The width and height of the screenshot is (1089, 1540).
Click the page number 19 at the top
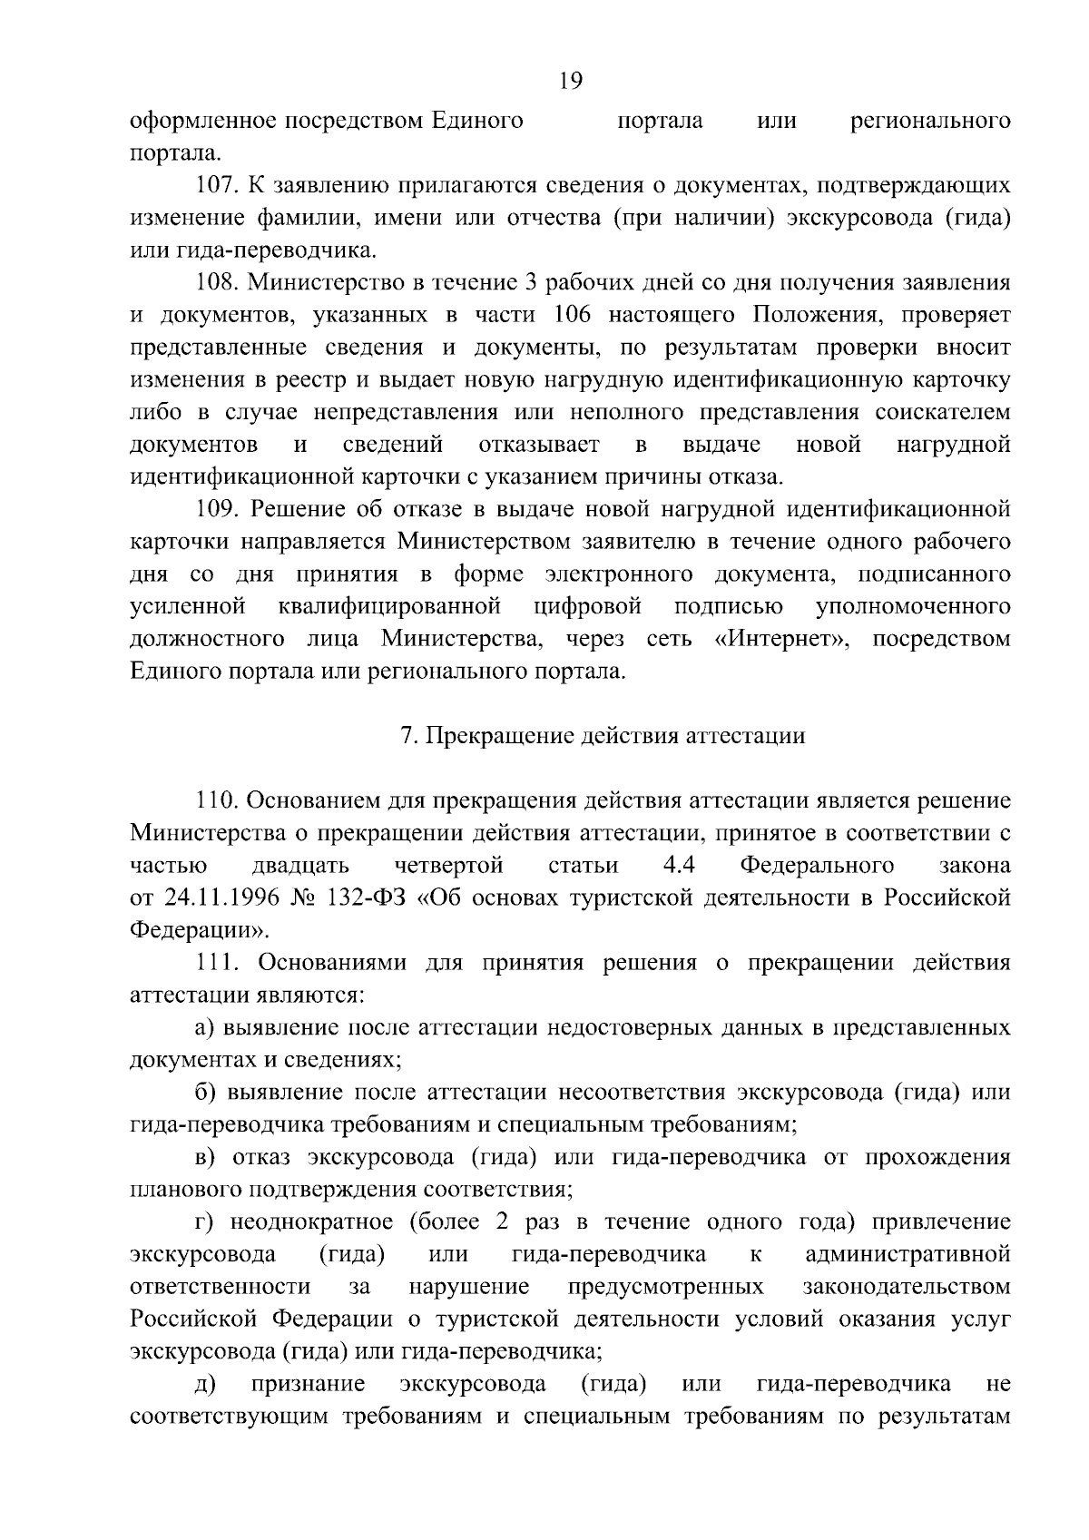tap(571, 81)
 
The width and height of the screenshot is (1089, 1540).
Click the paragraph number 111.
tap(217, 962)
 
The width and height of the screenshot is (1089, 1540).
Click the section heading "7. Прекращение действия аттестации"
tap(603, 736)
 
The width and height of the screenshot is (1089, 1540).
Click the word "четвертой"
tap(449, 866)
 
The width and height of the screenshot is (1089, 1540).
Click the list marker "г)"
tap(203, 1222)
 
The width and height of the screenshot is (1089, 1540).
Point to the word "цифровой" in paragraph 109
tap(587, 606)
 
